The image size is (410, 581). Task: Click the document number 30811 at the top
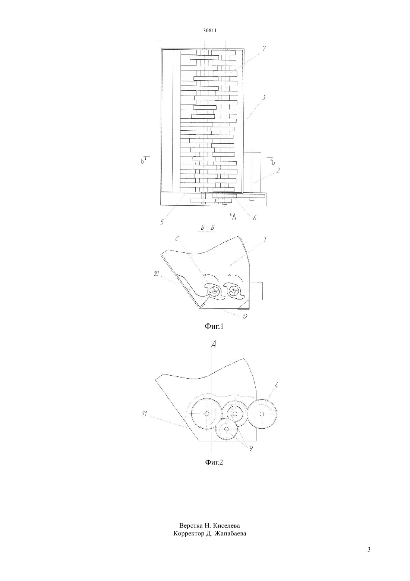click(x=209, y=30)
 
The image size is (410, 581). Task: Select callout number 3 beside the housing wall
click(x=264, y=98)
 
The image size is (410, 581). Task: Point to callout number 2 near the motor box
click(x=278, y=170)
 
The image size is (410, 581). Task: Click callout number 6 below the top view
click(x=255, y=218)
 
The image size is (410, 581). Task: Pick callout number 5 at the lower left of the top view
click(x=162, y=222)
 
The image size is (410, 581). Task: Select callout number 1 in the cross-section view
click(x=265, y=239)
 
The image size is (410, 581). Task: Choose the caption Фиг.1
click(x=214, y=326)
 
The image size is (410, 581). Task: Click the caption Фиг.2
click(x=214, y=462)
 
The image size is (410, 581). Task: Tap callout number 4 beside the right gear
click(x=276, y=385)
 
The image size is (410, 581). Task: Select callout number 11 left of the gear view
click(x=144, y=414)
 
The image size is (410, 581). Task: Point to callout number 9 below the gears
click(x=251, y=448)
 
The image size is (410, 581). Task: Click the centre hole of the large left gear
click(x=206, y=413)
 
